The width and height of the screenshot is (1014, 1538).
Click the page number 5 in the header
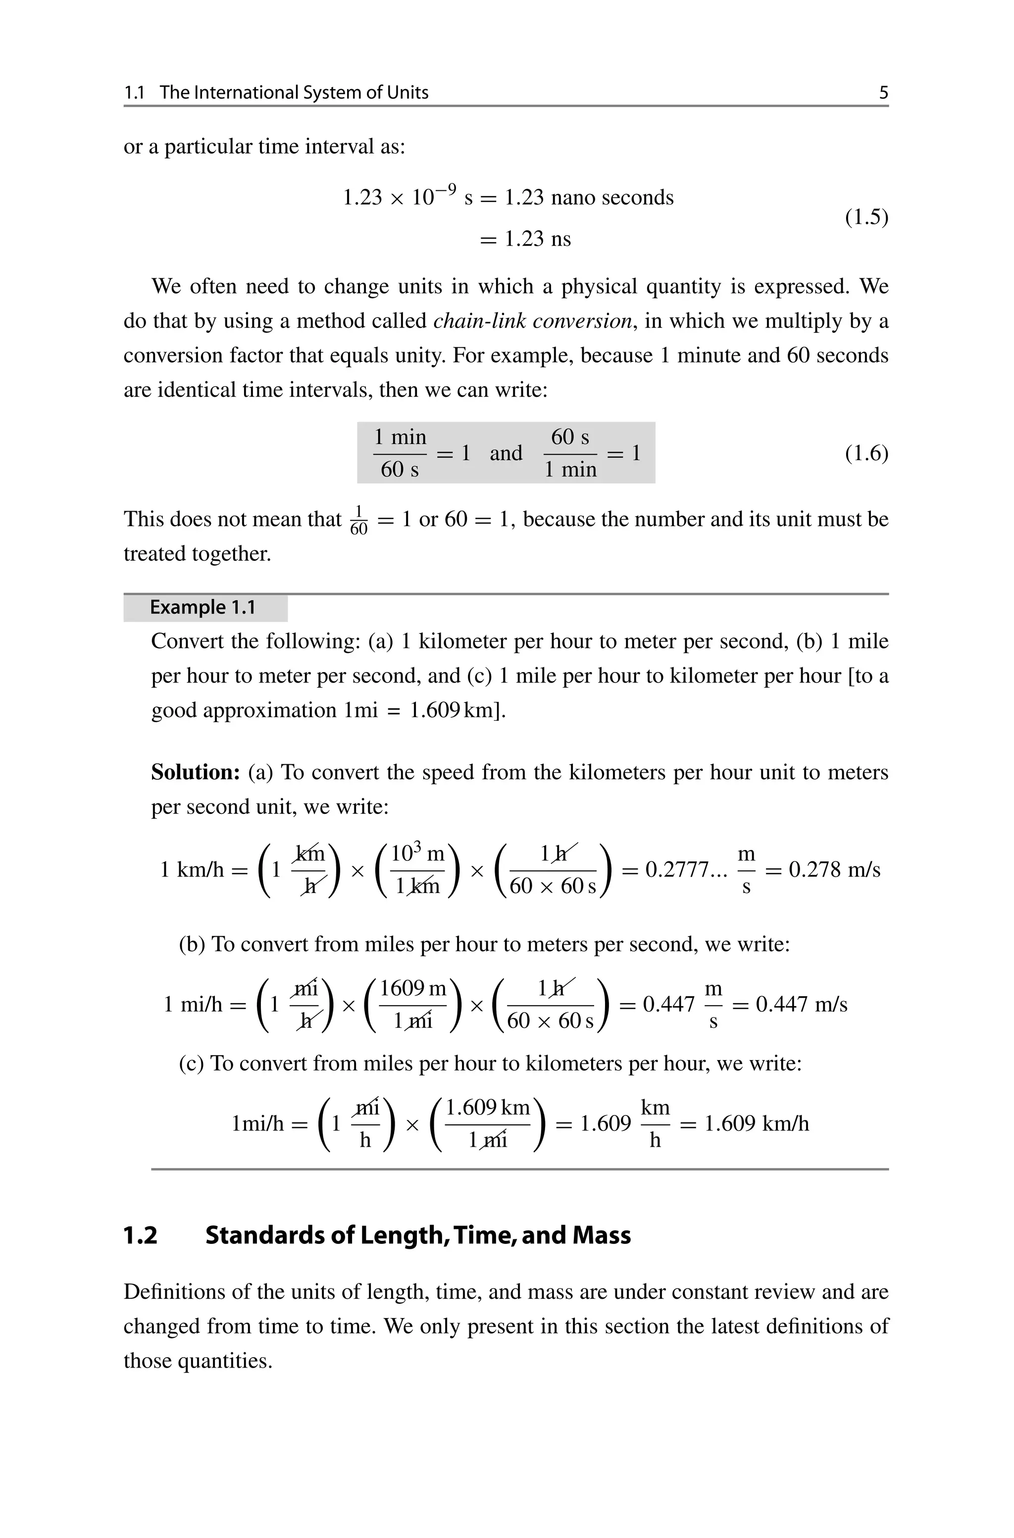tap(883, 93)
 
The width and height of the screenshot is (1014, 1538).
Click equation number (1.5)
tap(866, 217)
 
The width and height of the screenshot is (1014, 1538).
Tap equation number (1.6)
tap(866, 453)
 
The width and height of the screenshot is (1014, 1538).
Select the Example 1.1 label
tap(203, 607)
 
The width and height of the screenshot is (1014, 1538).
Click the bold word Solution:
tap(196, 772)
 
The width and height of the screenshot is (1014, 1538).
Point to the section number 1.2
tap(140, 1235)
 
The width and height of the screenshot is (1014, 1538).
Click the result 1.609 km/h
tap(757, 1123)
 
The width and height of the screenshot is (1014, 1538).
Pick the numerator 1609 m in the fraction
tap(412, 988)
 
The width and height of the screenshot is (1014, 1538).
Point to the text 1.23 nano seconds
tap(589, 197)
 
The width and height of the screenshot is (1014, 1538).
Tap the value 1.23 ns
tap(537, 239)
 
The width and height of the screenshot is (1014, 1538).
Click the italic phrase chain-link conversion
tap(532, 321)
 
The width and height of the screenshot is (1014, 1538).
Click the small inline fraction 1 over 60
tap(358, 521)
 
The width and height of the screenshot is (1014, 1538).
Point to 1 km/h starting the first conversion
tap(192, 870)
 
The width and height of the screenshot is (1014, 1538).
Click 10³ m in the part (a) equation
tap(417, 854)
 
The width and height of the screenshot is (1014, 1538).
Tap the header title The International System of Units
tap(294, 93)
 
